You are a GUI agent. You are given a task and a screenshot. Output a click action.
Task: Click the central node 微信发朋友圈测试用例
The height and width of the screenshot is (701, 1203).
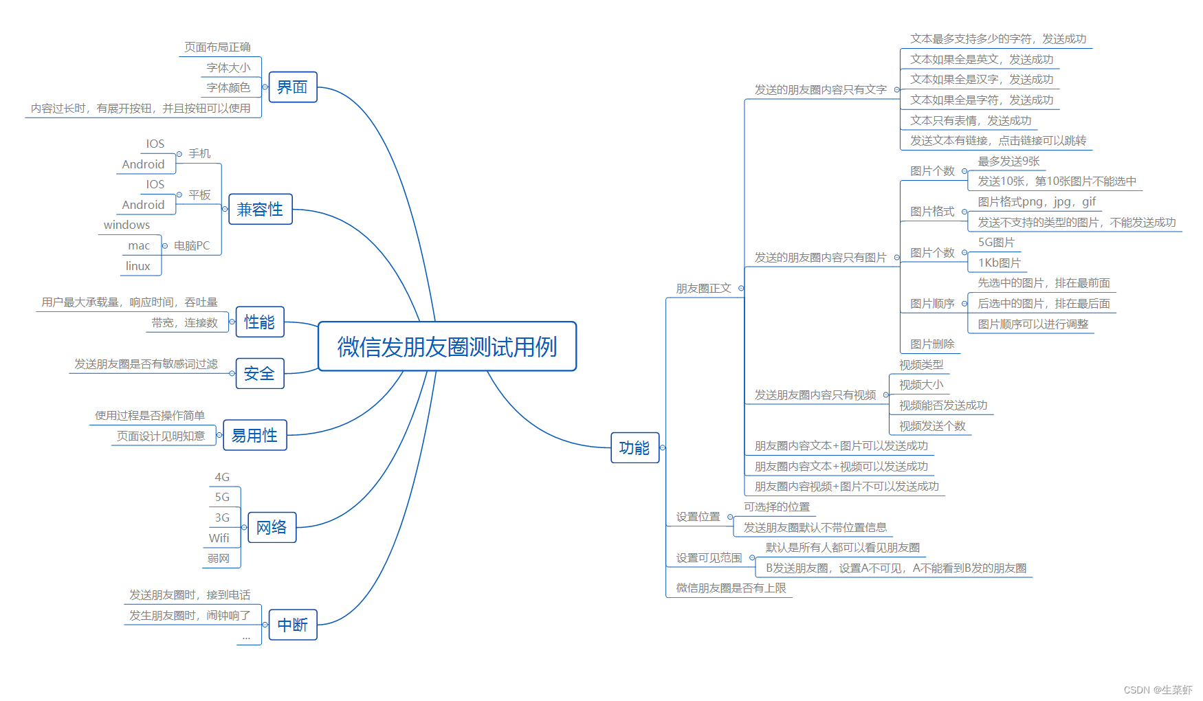pyautogui.click(x=447, y=346)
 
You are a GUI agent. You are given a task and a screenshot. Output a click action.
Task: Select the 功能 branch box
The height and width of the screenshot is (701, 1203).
pyautogui.click(x=634, y=448)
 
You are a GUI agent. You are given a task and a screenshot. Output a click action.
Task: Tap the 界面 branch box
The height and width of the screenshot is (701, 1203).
pyautogui.click(x=292, y=87)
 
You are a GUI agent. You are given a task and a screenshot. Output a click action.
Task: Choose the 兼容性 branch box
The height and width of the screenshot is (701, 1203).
pyautogui.click(x=260, y=210)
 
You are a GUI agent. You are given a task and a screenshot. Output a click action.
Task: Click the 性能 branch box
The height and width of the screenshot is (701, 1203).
pyautogui.click(x=259, y=322)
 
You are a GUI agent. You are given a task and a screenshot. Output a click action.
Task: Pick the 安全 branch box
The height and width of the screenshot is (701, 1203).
pyautogui.click(x=259, y=374)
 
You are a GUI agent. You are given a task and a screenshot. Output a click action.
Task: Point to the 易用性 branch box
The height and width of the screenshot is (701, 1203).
pyautogui.click(x=254, y=436)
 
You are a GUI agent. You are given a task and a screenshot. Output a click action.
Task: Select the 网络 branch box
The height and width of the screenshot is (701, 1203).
pyautogui.click(x=272, y=527)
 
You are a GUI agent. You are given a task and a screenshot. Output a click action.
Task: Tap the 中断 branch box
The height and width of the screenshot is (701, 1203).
pyautogui.click(x=292, y=625)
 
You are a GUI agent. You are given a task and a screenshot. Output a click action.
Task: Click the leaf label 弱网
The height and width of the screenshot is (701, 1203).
pyautogui.click(x=219, y=558)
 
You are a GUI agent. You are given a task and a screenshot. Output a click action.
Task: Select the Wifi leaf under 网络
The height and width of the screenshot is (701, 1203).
pyautogui.click(x=219, y=538)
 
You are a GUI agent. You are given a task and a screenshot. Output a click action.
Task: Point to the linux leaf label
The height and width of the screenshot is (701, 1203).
pyautogui.click(x=137, y=266)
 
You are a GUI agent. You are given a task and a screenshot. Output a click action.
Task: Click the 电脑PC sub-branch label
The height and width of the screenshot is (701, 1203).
pyautogui.click(x=192, y=245)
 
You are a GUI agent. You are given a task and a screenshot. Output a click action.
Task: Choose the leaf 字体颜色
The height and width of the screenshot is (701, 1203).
pyautogui.click(x=228, y=87)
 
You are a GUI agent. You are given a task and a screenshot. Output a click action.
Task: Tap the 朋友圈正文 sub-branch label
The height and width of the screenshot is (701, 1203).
pyautogui.click(x=703, y=288)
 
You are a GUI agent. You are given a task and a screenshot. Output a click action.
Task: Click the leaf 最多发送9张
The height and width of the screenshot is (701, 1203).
pyautogui.click(x=1008, y=161)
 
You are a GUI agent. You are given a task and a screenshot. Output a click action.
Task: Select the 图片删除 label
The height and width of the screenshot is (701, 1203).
pyautogui.click(x=932, y=344)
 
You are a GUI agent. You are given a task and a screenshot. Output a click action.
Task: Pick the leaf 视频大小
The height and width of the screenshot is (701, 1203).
pyautogui.click(x=921, y=385)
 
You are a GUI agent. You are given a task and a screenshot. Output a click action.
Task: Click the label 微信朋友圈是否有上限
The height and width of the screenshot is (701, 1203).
pyautogui.click(x=731, y=588)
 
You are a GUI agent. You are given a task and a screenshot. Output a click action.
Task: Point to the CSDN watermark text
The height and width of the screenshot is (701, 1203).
pyautogui.click(x=1158, y=689)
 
